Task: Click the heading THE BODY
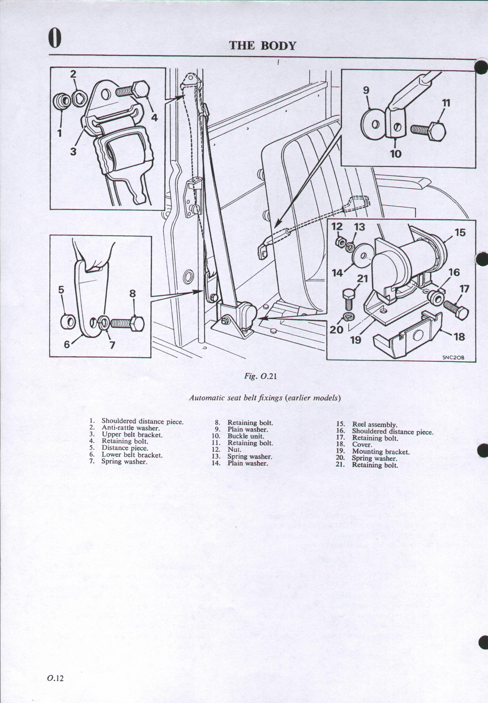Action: click(262, 46)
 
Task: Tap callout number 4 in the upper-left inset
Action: click(155, 118)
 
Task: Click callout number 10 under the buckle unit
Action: click(395, 153)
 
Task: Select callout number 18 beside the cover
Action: click(459, 337)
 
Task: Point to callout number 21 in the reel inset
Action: click(363, 279)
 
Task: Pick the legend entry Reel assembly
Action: click(374, 425)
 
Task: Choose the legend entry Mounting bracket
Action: click(380, 452)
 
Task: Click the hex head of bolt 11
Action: click(437, 132)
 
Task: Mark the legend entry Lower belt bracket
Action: click(132, 455)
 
